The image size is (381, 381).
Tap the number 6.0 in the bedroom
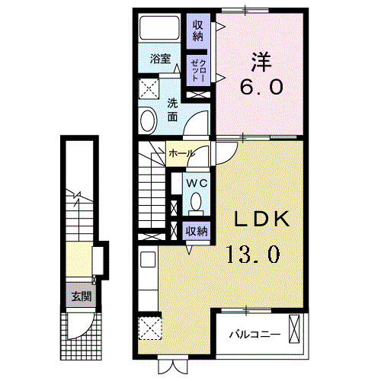click(x=262, y=87)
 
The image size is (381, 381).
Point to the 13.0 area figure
click(x=251, y=252)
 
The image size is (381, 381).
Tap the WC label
click(x=197, y=183)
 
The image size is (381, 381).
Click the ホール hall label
click(x=181, y=153)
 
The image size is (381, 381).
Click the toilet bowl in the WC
click(x=197, y=203)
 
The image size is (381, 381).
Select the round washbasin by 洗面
click(x=148, y=120)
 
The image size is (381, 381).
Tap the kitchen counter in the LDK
click(x=147, y=282)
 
